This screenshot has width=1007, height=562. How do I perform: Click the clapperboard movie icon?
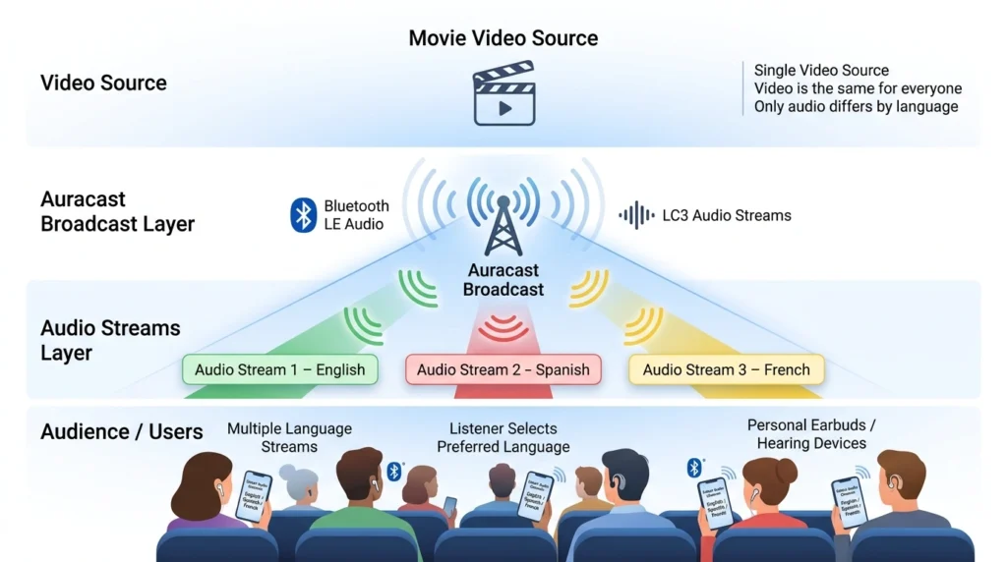[x=503, y=95]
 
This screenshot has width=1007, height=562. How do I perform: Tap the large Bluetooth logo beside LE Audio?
[x=304, y=215]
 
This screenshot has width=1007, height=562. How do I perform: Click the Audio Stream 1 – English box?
[x=279, y=369]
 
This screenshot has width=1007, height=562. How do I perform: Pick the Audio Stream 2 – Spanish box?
[x=503, y=369]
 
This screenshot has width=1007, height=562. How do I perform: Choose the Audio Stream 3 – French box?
[x=726, y=369]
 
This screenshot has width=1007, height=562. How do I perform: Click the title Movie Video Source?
[x=503, y=38]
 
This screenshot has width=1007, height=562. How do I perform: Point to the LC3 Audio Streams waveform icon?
[x=636, y=215]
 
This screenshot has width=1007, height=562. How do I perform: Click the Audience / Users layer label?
[x=122, y=431]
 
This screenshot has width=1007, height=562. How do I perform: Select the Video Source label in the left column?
[x=103, y=83]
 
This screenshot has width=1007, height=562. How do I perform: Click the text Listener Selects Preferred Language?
[x=503, y=437]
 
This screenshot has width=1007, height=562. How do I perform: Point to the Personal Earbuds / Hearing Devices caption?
[x=811, y=434]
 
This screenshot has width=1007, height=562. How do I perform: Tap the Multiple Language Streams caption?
[x=289, y=437]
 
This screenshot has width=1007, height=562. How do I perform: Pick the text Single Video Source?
[x=821, y=70]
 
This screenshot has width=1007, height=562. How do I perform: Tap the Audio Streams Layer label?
[x=110, y=340]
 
